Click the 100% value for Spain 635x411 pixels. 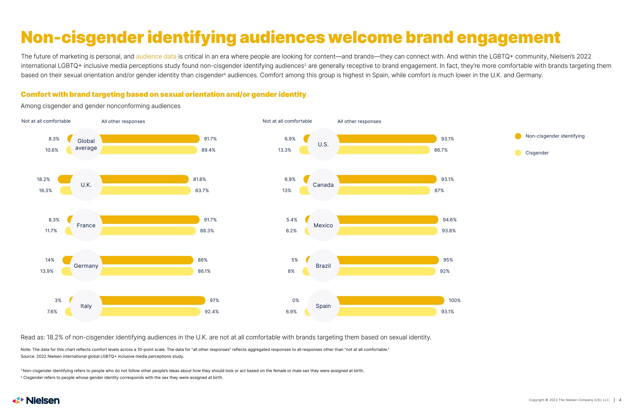(x=454, y=300)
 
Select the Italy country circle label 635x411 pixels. (x=86, y=306)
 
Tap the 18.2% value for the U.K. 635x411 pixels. (x=43, y=179)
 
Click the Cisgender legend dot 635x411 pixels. (x=518, y=153)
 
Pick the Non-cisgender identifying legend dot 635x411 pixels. (x=518, y=136)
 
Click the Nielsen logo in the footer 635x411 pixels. (x=36, y=400)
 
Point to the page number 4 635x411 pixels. (x=620, y=400)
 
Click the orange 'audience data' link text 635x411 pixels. (x=156, y=56)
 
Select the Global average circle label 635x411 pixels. (x=86, y=144)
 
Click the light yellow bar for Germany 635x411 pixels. (x=146, y=271)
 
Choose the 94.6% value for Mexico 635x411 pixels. (x=449, y=220)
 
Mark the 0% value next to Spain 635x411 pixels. (x=295, y=300)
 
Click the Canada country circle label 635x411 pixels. (x=323, y=185)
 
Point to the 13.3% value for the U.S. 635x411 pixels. (x=285, y=150)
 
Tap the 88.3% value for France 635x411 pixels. (x=207, y=231)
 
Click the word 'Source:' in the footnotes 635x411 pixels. (x=28, y=357)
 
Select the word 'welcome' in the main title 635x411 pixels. (x=365, y=37)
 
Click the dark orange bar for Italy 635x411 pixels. (x=153, y=300)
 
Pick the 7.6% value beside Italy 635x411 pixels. (x=52, y=312)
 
